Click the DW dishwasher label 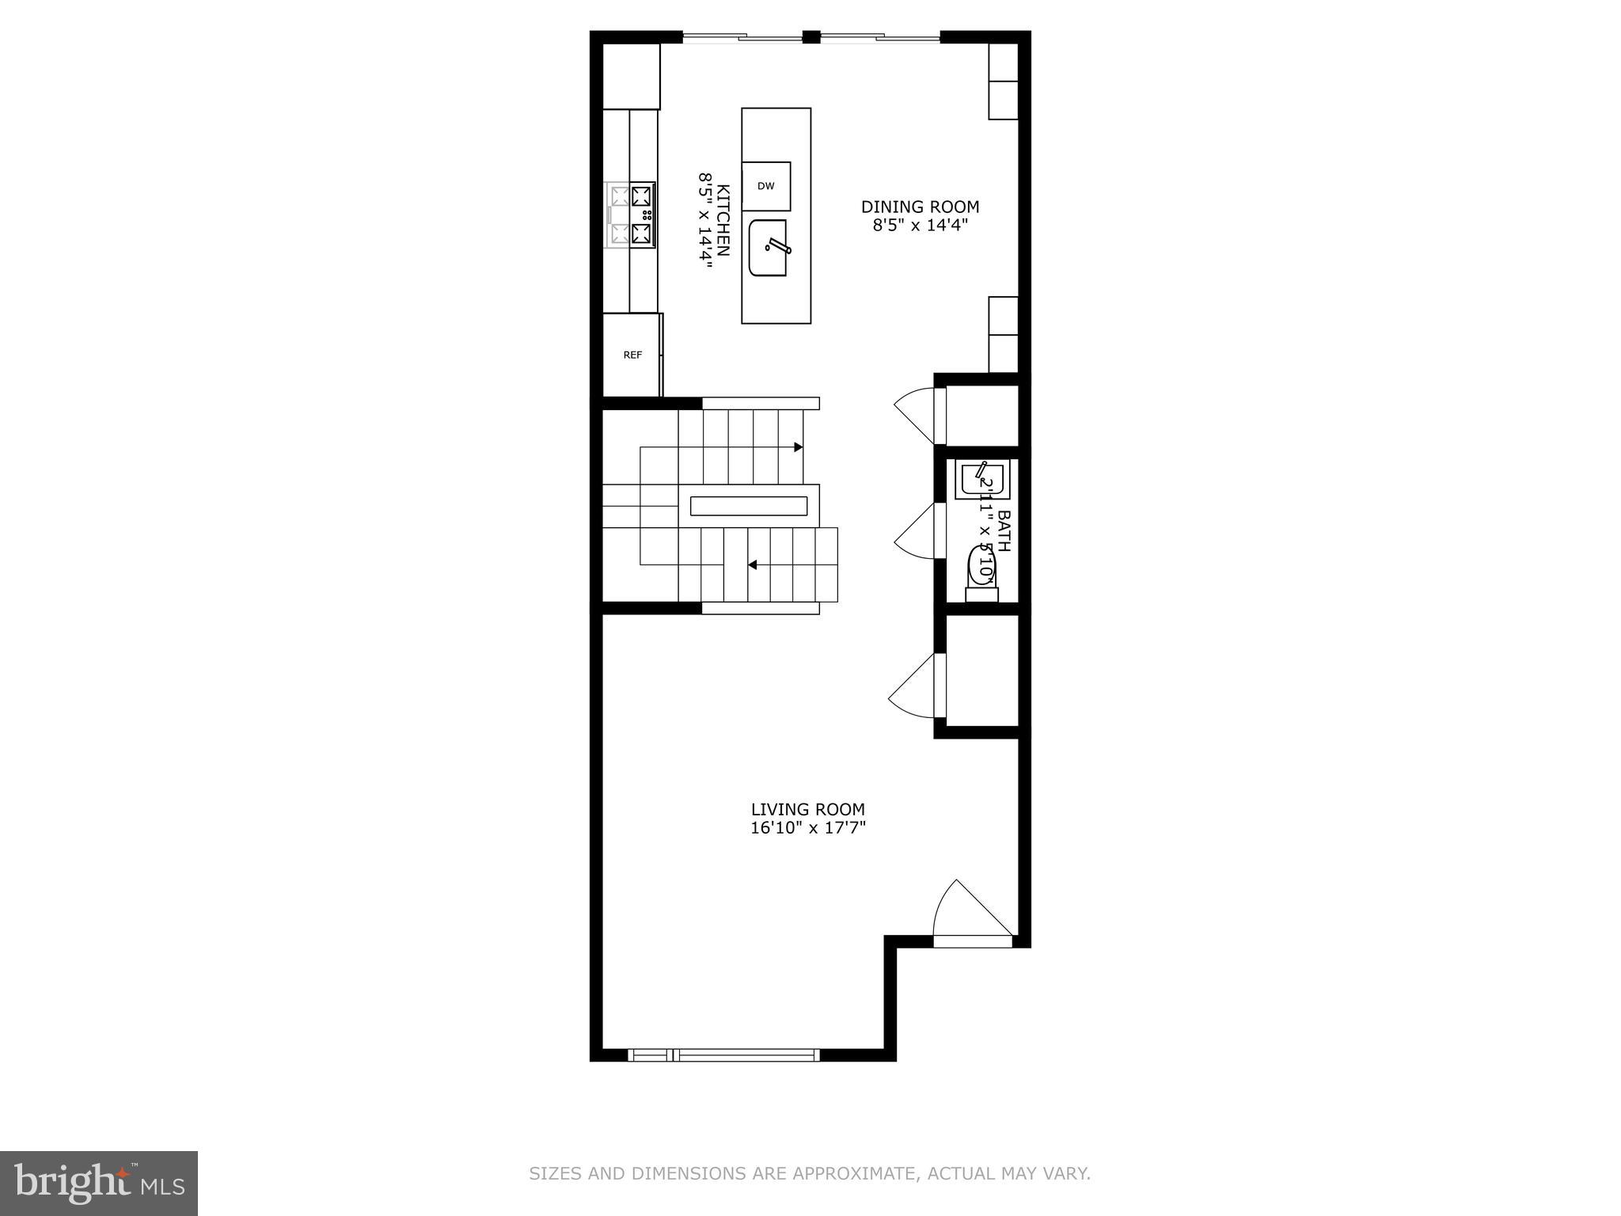tap(765, 187)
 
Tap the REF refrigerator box tap(632, 355)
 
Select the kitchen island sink tap(769, 248)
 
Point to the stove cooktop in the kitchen tap(632, 215)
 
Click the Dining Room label tap(920, 207)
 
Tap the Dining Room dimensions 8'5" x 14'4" tap(920, 225)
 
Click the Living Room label tap(807, 809)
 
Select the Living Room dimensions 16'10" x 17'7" tap(807, 828)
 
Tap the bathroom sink tap(982, 481)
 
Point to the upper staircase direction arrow tap(798, 447)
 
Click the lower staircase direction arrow tap(753, 564)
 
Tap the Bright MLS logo tap(99, 1183)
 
